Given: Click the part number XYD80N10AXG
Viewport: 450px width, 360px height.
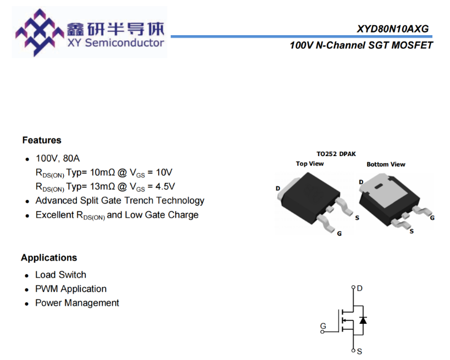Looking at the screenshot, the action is point(393,29).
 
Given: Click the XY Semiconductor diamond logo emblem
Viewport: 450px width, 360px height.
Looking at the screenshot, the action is point(40,32).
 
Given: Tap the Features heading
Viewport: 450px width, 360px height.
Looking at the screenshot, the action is point(42,140).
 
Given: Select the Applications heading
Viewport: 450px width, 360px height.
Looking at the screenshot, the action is point(49,258).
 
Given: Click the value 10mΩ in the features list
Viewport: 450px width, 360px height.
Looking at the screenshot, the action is point(102,172).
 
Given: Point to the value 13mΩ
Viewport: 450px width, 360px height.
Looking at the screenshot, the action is point(102,186).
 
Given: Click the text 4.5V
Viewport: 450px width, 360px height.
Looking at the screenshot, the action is point(165,186).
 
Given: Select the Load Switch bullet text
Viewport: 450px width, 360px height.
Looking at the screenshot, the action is point(60,275).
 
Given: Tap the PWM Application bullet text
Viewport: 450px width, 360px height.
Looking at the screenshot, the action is point(71,289).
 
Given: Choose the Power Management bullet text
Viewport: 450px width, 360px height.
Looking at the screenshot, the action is point(77,303).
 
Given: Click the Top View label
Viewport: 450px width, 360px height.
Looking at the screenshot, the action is point(310,164).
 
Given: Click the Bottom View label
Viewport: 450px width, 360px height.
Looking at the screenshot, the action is point(386,164).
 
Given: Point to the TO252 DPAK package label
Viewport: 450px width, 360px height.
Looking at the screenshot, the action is point(336,154).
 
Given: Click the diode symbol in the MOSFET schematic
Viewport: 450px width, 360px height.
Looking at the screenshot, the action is point(363,320).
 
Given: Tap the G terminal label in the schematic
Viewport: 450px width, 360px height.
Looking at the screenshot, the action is point(323,326).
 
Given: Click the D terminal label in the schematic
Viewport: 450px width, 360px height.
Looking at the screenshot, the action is point(359,288).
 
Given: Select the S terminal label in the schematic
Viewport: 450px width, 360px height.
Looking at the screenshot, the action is point(359,351).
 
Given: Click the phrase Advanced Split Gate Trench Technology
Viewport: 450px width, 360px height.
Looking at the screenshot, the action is point(120,201).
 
